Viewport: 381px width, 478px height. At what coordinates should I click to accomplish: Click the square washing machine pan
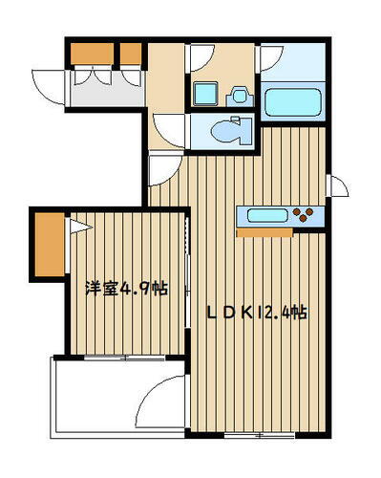[x=206, y=94]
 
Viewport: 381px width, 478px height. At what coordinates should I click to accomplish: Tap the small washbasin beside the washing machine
[x=239, y=95]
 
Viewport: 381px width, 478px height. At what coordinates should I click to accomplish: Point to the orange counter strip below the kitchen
[x=265, y=230]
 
